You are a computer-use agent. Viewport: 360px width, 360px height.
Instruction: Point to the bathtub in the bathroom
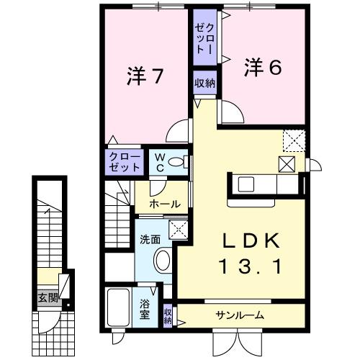[118, 309]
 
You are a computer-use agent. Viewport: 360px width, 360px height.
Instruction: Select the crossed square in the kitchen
[286, 164]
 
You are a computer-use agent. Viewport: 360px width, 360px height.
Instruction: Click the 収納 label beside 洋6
[204, 83]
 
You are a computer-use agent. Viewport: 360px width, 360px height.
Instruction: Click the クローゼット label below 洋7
[125, 160]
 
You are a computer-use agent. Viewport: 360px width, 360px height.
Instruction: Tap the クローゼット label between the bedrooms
[204, 36]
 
